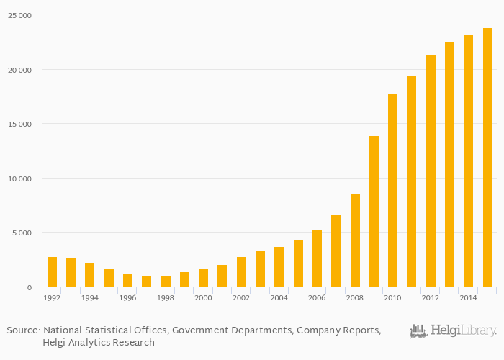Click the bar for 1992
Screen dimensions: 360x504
click(52, 272)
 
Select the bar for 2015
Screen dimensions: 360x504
click(487, 158)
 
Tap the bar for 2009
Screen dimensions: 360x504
click(374, 212)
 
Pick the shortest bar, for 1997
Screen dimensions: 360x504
click(146, 282)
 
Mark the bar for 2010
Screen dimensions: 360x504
click(392, 190)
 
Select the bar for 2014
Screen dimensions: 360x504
click(468, 161)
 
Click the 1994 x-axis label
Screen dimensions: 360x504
click(89, 297)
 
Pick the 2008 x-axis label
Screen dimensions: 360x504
click(355, 297)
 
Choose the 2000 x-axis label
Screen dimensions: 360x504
click(203, 297)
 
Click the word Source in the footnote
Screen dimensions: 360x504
click(22, 330)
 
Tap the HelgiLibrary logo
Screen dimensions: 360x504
click(453, 331)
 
